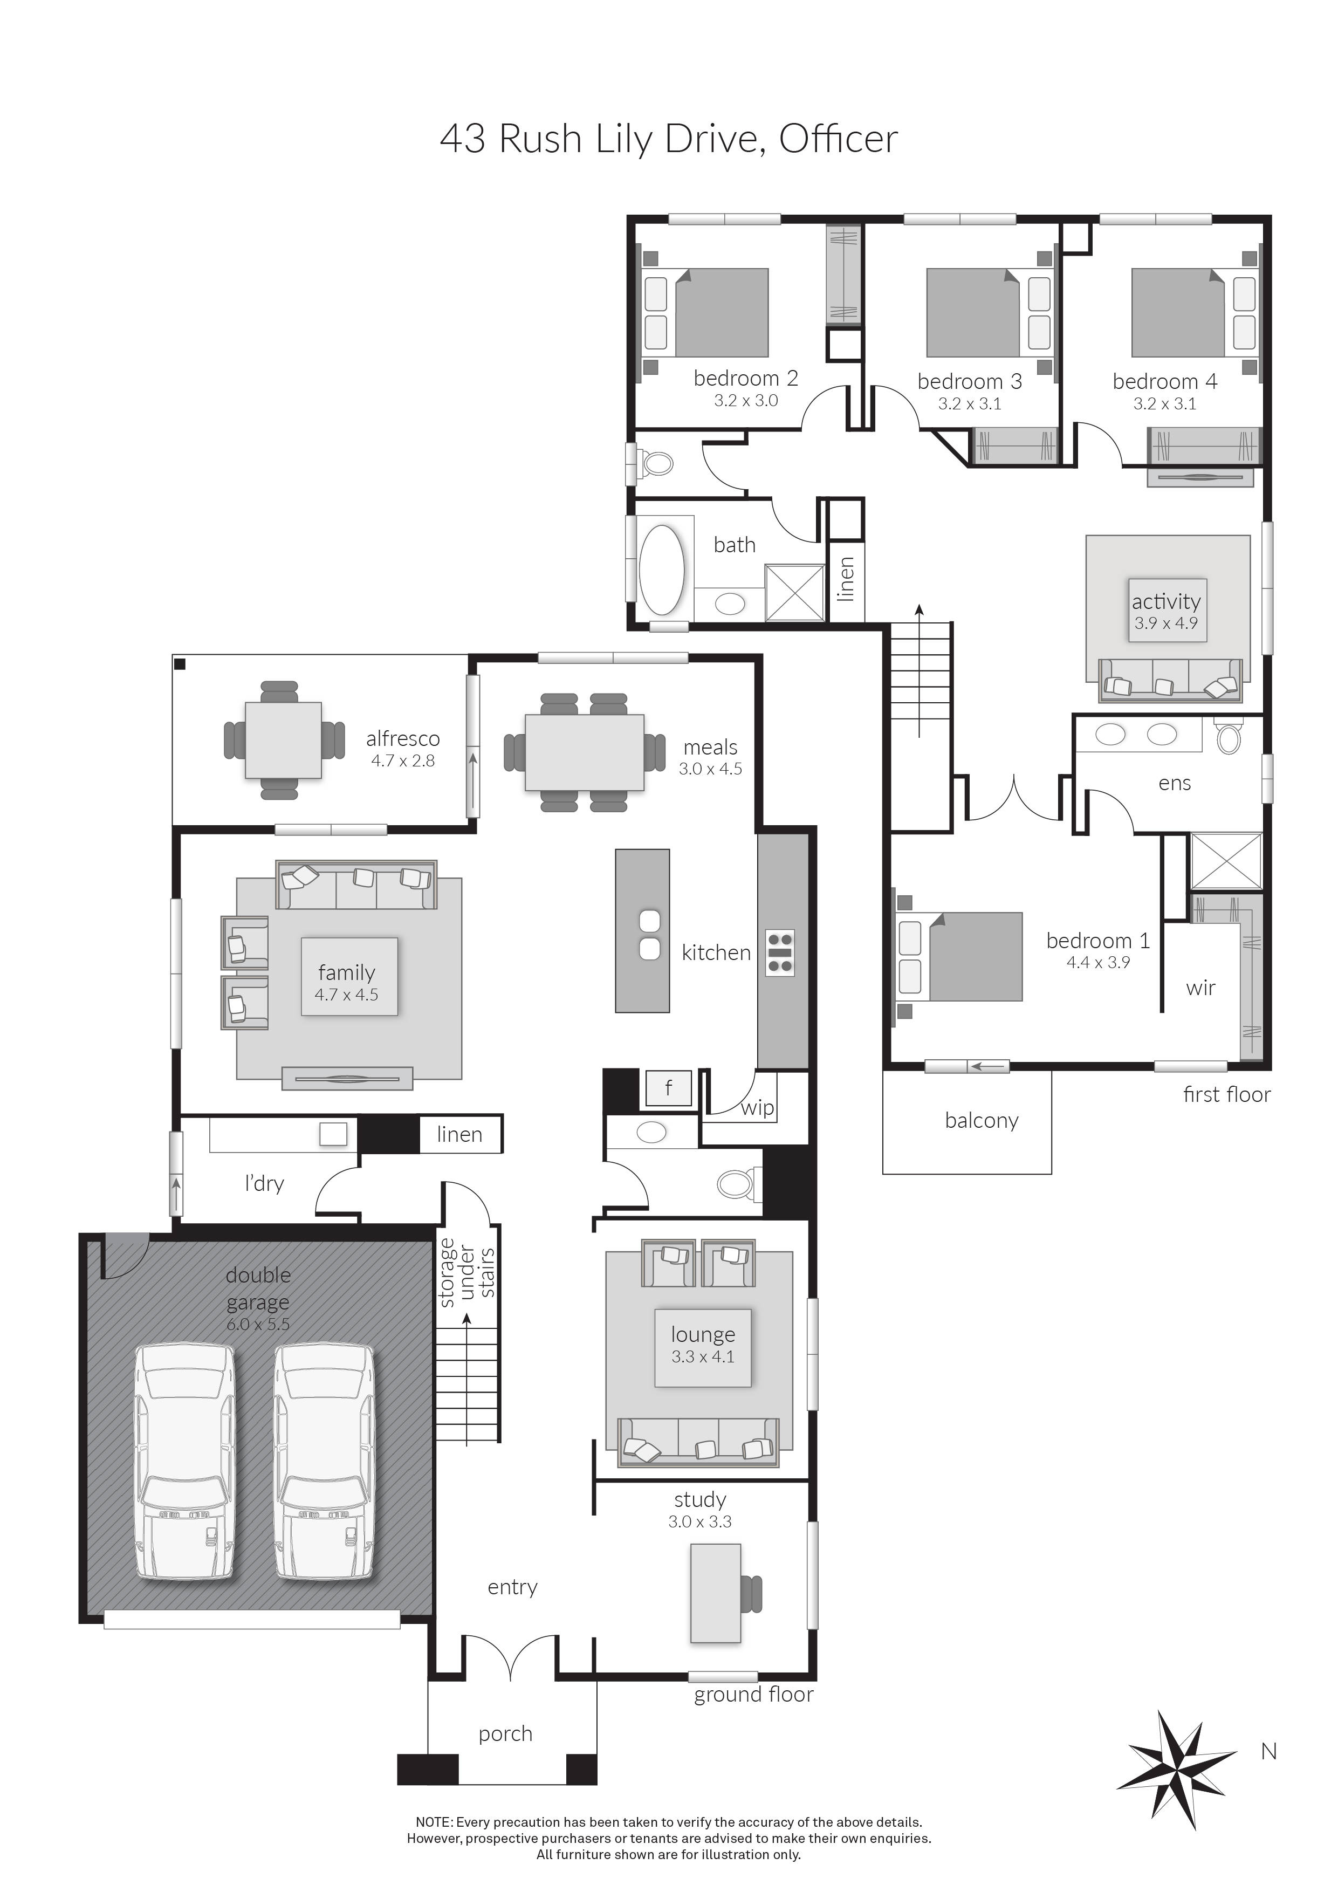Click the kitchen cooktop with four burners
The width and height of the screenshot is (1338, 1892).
tap(779, 952)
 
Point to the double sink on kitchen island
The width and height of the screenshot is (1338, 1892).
tap(650, 935)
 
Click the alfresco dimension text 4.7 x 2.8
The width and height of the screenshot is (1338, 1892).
tap(402, 760)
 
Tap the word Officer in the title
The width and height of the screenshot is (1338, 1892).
tap(838, 139)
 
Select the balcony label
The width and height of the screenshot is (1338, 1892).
tap(982, 1121)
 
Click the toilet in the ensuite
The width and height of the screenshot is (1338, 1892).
tap(1227, 737)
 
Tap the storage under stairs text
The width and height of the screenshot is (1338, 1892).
tap(466, 1273)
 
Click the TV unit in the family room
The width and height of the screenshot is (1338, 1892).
tap(347, 1078)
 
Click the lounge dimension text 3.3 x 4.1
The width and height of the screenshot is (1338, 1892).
tap(702, 1356)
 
